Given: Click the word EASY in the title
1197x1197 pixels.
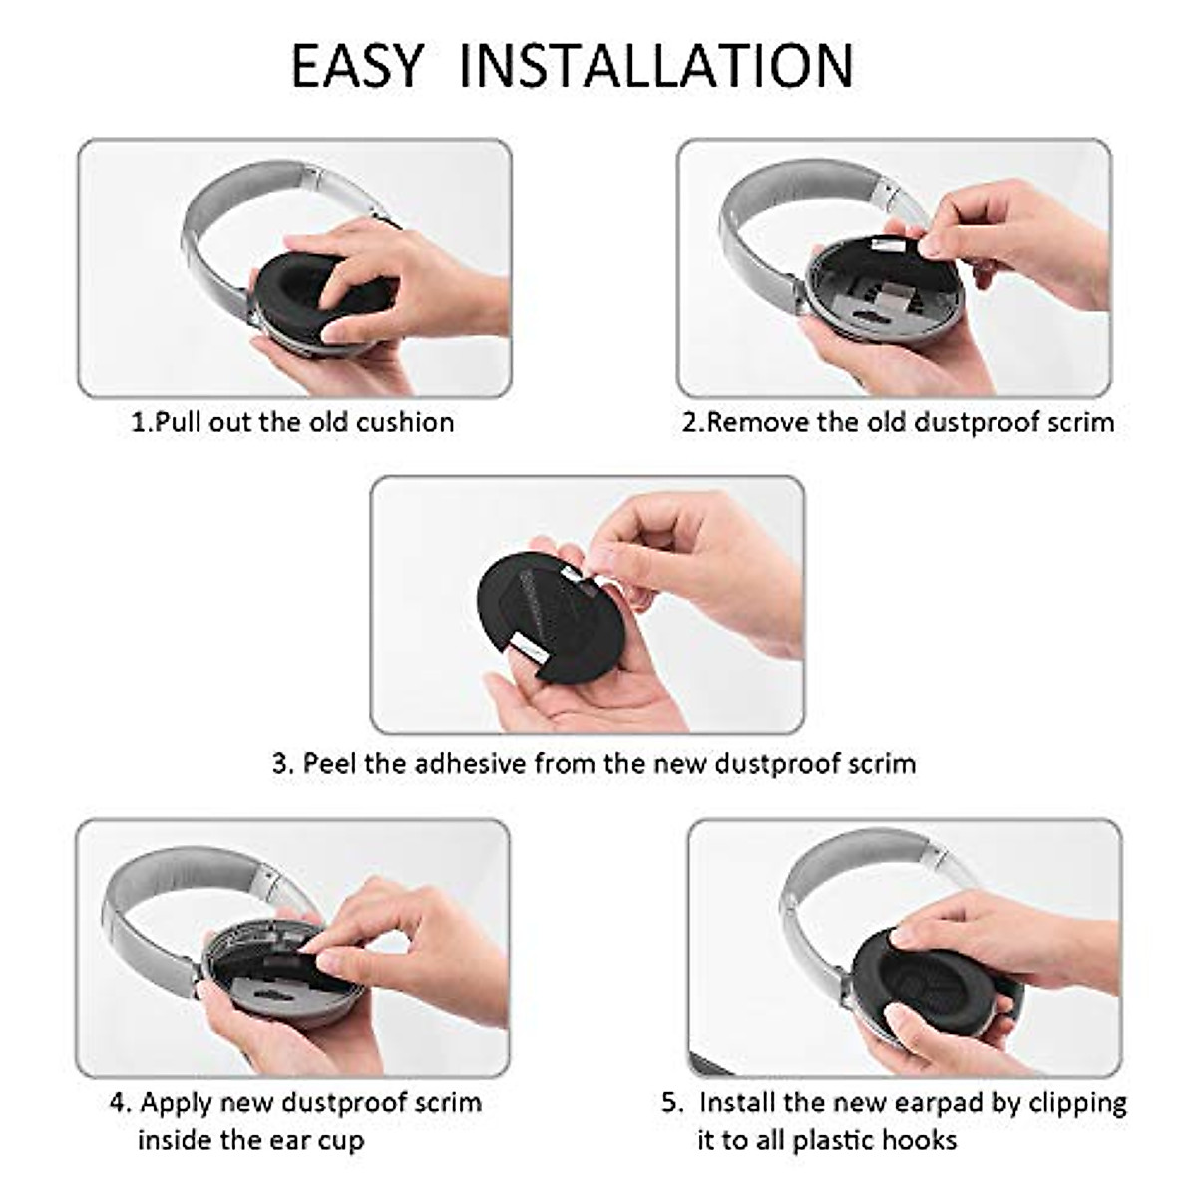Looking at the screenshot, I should click(357, 66).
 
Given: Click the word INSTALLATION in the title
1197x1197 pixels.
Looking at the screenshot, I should click(656, 66).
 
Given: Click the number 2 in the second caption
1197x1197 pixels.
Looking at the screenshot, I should click(689, 422).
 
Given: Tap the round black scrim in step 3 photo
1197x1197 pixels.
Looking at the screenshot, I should click(539, 618).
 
